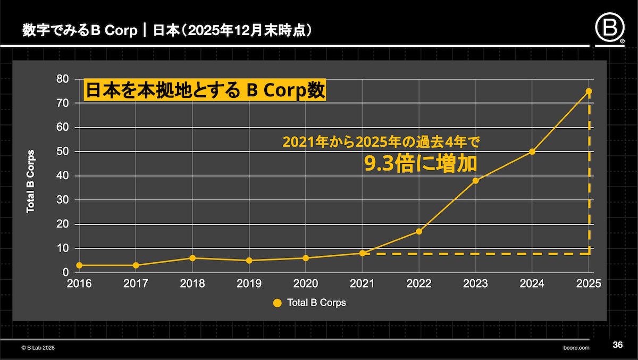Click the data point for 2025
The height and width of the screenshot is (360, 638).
(x=589, y=91)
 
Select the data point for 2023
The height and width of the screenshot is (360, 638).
(x=475, y=180)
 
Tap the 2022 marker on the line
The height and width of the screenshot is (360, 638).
(x=419, y=231)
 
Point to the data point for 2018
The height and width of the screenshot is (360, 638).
(x=192, y=258)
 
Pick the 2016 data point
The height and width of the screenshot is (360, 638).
(x=79, y=265)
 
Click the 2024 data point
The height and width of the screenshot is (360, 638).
(x=532, y=152)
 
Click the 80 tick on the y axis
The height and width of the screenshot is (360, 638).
(x=62, y=79)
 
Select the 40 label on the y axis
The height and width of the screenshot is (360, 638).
(x=62, y=176)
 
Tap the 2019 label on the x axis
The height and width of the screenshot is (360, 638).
(x=249, y=283)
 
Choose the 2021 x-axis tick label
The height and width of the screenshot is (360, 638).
(x=362, y=283)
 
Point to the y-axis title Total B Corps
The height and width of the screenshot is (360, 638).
(x=31, y=181)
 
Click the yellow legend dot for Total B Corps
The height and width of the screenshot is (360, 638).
(x=276, y=303)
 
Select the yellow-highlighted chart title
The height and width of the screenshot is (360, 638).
(x=205, y=90)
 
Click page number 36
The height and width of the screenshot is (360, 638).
(x=617, y=345)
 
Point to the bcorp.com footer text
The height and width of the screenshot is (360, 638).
(x=576, y=347)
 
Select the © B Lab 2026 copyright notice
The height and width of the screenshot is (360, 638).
(x=38, y=347)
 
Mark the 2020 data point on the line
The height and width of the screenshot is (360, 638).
(x=306, y=258)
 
